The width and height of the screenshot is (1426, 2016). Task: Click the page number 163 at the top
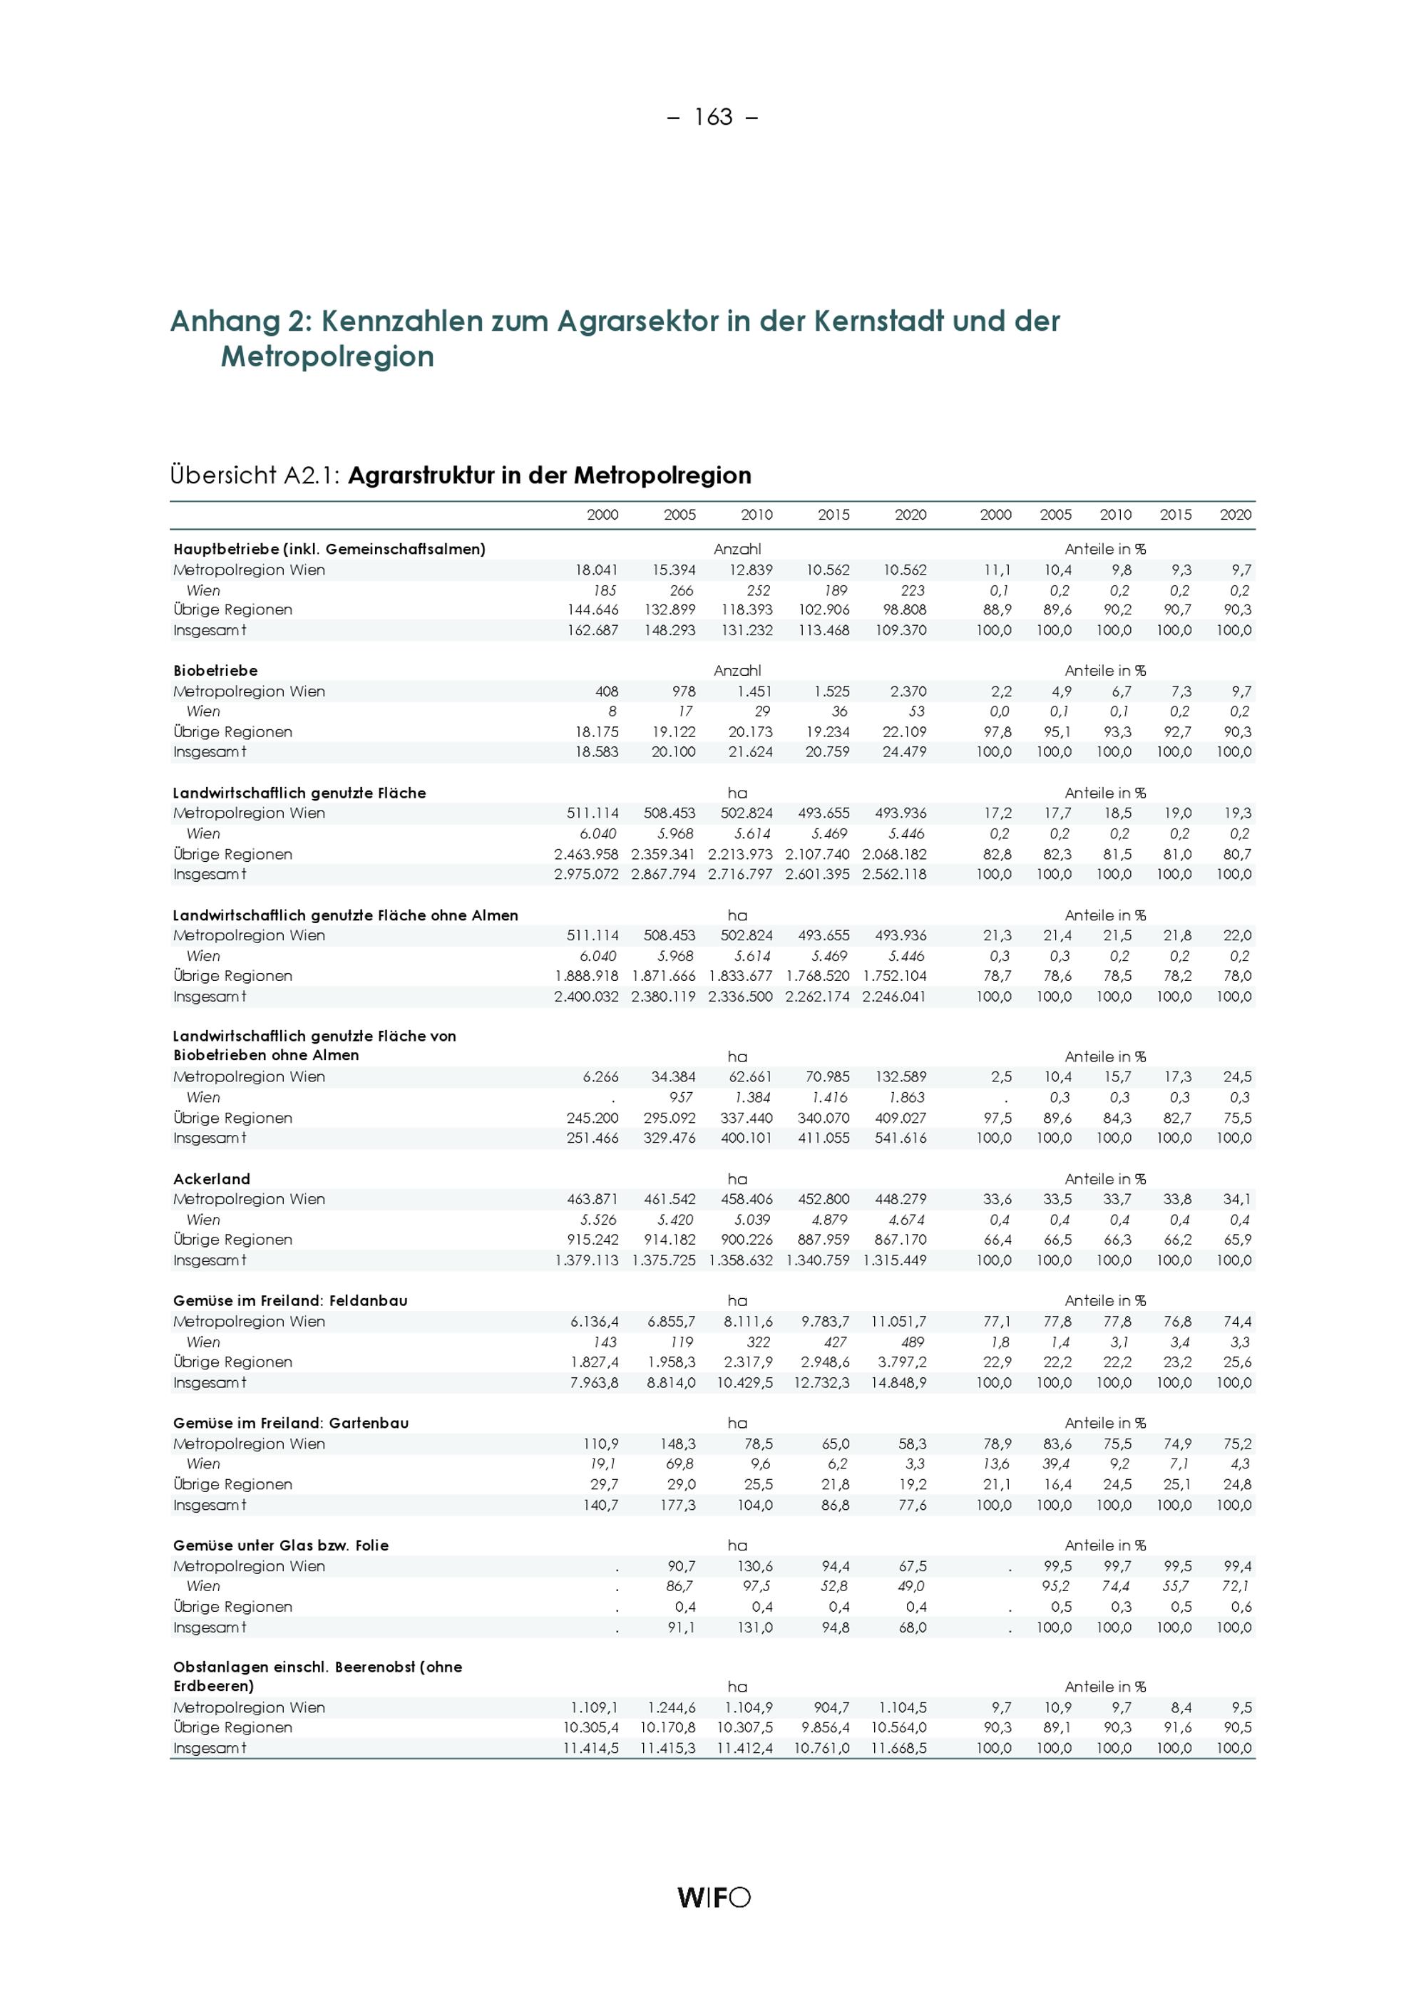click(x=713, y=117)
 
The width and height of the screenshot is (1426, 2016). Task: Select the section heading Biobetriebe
click(x=215, y=671)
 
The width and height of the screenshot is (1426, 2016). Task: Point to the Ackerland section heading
click(x=212, y=1179)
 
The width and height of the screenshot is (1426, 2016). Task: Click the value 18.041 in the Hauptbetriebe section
click(x=596, y=570)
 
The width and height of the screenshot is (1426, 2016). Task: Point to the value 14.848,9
click(x=898, y=1382)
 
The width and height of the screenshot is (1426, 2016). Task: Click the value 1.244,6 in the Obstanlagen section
click(x=671, y=1708)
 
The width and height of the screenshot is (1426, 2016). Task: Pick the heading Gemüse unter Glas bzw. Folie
click(x=280, y=1546)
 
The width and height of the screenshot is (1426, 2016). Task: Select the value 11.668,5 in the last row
click(x=898, y=1748)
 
